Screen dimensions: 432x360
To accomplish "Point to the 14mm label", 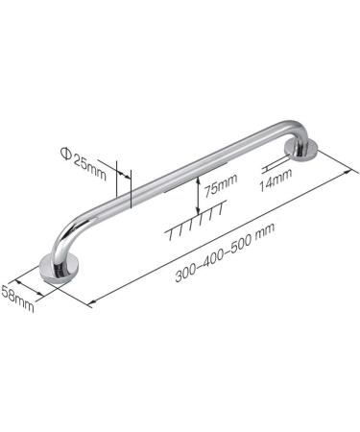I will coord(277,180).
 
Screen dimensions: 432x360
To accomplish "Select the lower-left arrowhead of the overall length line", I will coord(93,303).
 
